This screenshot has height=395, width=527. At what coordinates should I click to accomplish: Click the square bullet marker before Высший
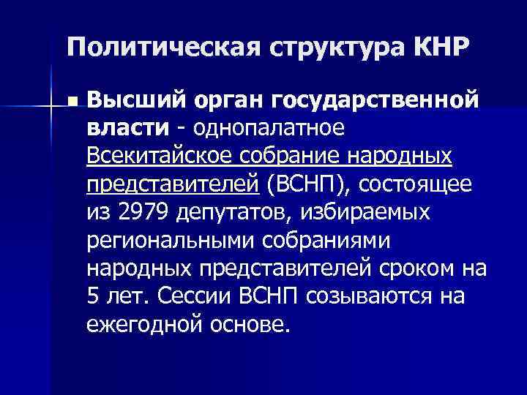coord(69,100)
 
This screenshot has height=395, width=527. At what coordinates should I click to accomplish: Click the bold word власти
coord(127,128)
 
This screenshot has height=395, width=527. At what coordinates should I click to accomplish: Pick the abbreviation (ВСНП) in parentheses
coord(307,184)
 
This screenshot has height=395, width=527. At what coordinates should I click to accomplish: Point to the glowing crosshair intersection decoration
coord(51,108)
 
